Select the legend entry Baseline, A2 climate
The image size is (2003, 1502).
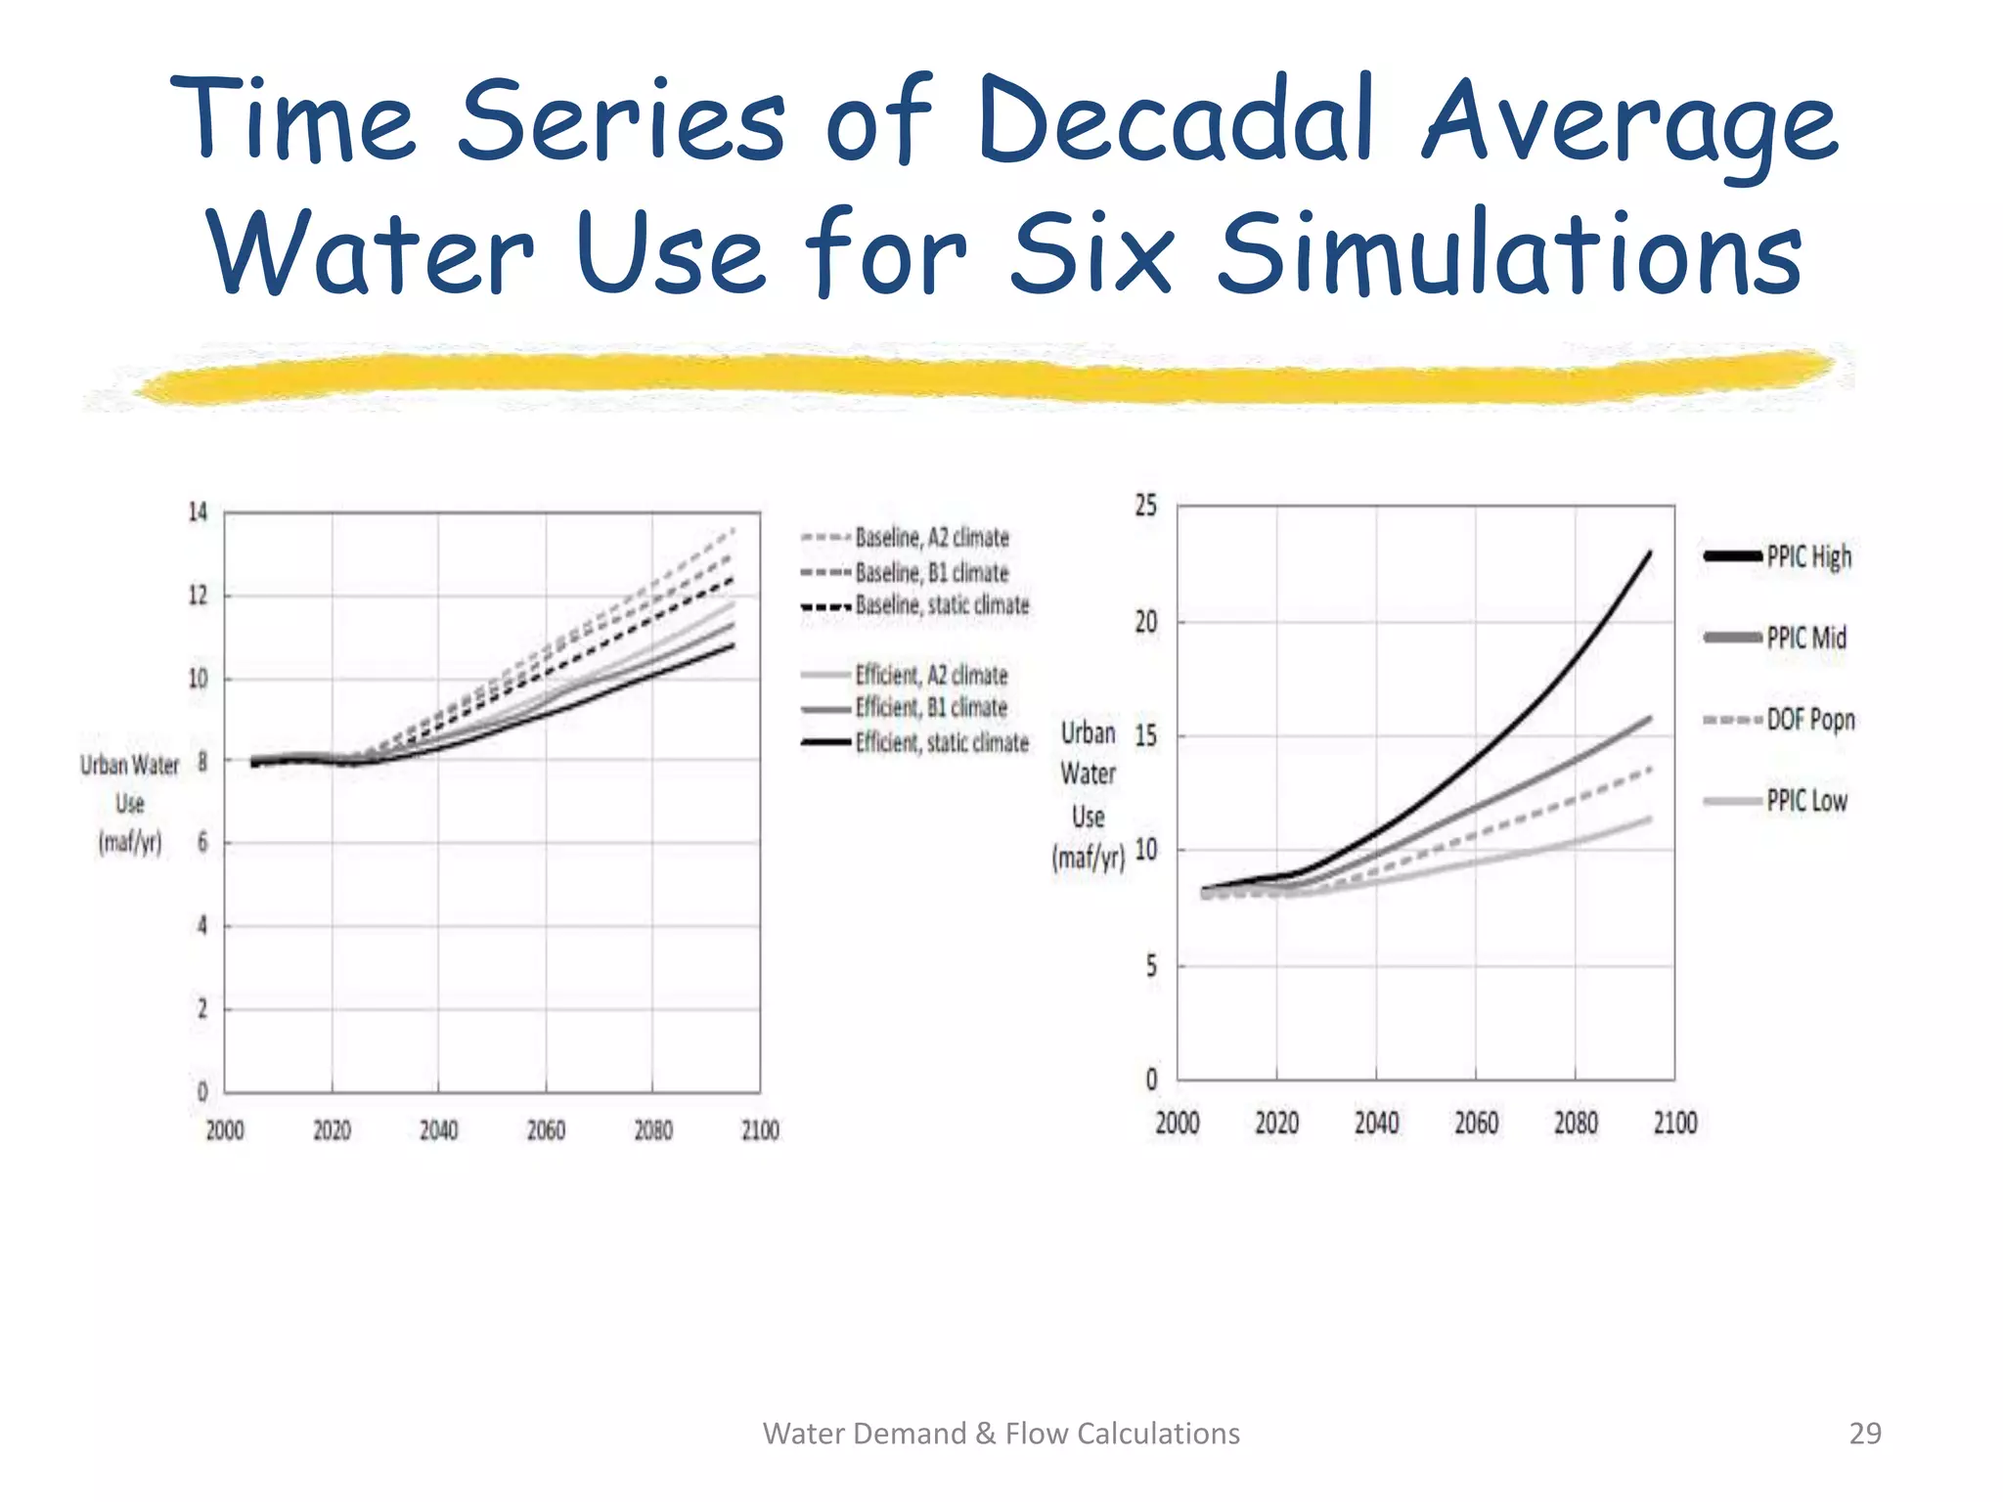coord(931,538)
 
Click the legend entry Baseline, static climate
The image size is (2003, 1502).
coord(941,605)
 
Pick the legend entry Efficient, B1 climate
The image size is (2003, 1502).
coord(930,708)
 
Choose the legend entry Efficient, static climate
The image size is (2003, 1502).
coord(941,743)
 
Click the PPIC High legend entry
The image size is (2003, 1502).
coord(1807,556)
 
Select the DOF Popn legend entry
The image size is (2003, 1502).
coord(1809,720)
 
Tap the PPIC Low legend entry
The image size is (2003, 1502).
coord(1805,801)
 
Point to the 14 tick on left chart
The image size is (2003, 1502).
coord(198,512)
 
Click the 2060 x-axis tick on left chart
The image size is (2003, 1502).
coord(546,1131)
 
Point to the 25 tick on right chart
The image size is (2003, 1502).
coord(1145,506)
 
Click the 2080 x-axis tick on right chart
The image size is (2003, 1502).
coord(1576,1123)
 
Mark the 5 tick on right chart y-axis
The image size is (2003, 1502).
coord(1151,966)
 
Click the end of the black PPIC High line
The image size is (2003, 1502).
coord(1650,553)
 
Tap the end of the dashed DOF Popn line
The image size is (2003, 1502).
coord(1650,769)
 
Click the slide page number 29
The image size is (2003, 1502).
coord(1864,1434)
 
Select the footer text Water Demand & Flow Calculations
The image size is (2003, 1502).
coord(1001,1434)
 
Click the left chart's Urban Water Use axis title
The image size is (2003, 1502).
coord(130,803)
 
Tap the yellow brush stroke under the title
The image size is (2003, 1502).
coord(978,377)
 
